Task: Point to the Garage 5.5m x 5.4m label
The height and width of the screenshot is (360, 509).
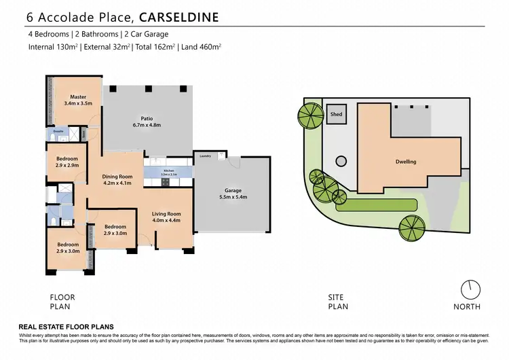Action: click(233, 194)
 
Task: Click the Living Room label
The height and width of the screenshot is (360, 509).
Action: click(166, 217)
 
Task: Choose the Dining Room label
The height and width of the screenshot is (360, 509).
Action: click(117, 179)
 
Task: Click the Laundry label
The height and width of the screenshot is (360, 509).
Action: click(205, 156)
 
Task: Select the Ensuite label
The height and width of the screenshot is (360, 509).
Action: click(58, 130)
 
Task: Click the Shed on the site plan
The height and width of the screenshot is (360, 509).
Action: click(336, 115)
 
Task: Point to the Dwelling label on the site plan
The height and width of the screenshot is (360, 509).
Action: click(406, 162)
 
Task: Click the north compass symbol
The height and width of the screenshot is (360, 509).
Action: click(467, 290)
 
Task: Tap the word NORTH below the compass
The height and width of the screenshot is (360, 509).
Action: click(467, 306)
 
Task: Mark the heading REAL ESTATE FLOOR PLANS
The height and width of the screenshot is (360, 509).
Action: click(65, 327)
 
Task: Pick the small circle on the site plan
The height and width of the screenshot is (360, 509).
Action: click(339, 161)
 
